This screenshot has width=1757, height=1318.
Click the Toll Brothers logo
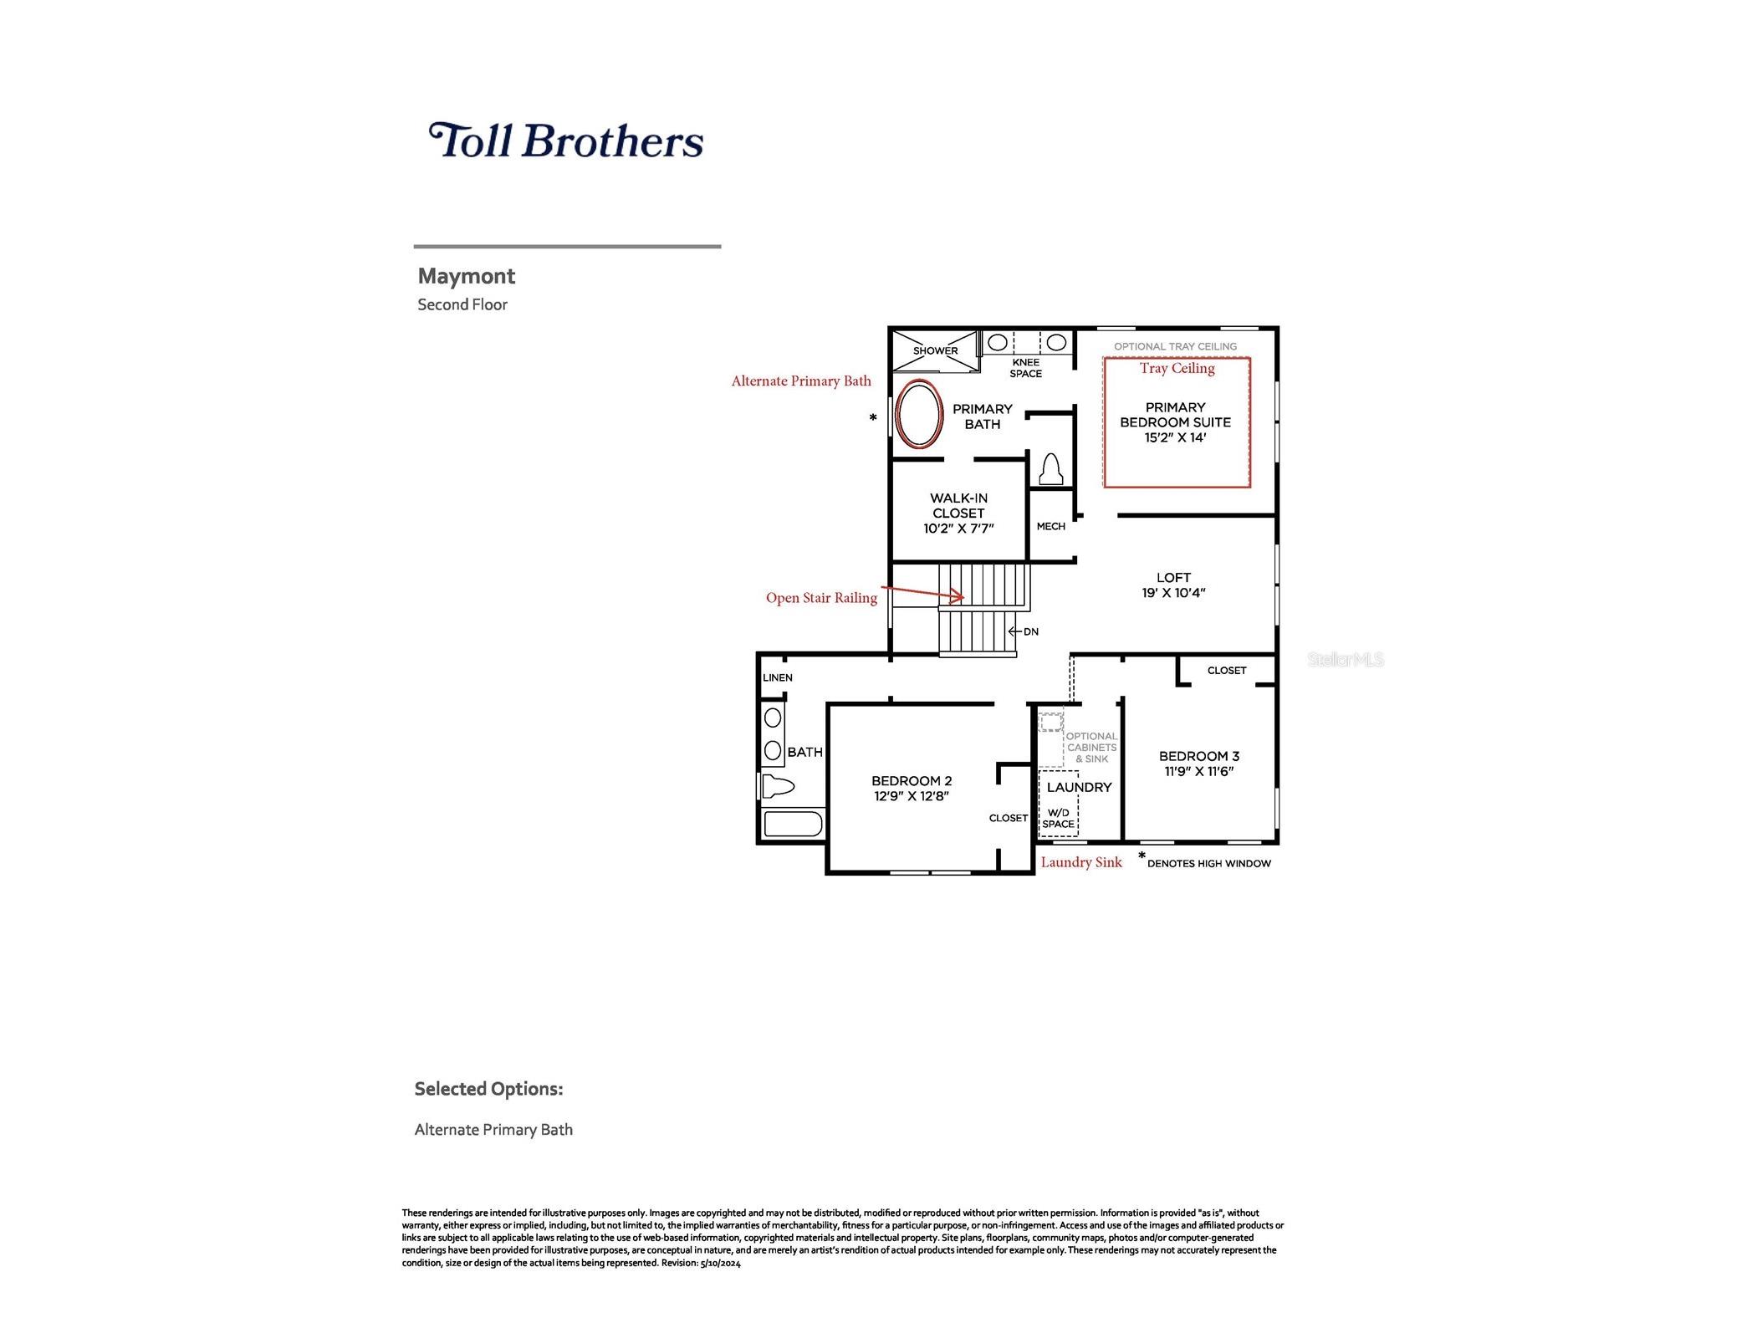[565, 140]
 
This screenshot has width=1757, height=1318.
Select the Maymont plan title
[466, 276]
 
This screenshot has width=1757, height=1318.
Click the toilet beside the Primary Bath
[1050, 470]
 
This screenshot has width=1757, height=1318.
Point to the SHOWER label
[935, 351]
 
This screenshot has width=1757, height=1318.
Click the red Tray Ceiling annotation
[1177, 368]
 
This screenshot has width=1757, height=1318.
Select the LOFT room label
[1173, 577]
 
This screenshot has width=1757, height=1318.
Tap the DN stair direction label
[1030, 631]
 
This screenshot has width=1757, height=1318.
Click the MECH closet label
[1050, 526]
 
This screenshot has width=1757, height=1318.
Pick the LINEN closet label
[778, 677]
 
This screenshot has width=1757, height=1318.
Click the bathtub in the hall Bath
[793, 824]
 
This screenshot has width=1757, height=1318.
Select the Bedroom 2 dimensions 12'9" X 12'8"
[912, 796]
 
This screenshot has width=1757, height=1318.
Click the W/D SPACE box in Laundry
[1058, 803]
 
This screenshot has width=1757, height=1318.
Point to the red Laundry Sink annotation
[1081, 862]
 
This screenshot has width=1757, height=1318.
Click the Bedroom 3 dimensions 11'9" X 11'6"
[1199, 771]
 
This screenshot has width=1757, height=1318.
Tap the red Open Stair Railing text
[821, 598]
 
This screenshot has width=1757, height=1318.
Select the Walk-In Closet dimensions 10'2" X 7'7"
[958, 529]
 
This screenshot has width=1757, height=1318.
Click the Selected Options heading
[488, 1089]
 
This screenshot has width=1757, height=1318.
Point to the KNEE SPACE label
[1025, 368]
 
